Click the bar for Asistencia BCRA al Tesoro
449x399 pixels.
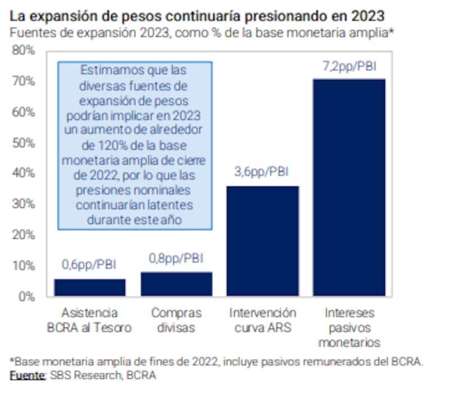90,287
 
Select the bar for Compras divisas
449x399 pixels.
176,284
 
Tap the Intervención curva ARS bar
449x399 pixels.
263,241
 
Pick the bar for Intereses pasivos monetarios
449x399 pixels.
349,188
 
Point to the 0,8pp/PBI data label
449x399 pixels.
176,259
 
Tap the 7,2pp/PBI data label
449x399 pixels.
349,66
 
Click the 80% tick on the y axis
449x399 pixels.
25,50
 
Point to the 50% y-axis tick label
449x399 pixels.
25,143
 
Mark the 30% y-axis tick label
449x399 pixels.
25,204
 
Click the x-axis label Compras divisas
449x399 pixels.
176,320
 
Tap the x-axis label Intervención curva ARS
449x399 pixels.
263,320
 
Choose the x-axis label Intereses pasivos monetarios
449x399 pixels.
349,327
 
